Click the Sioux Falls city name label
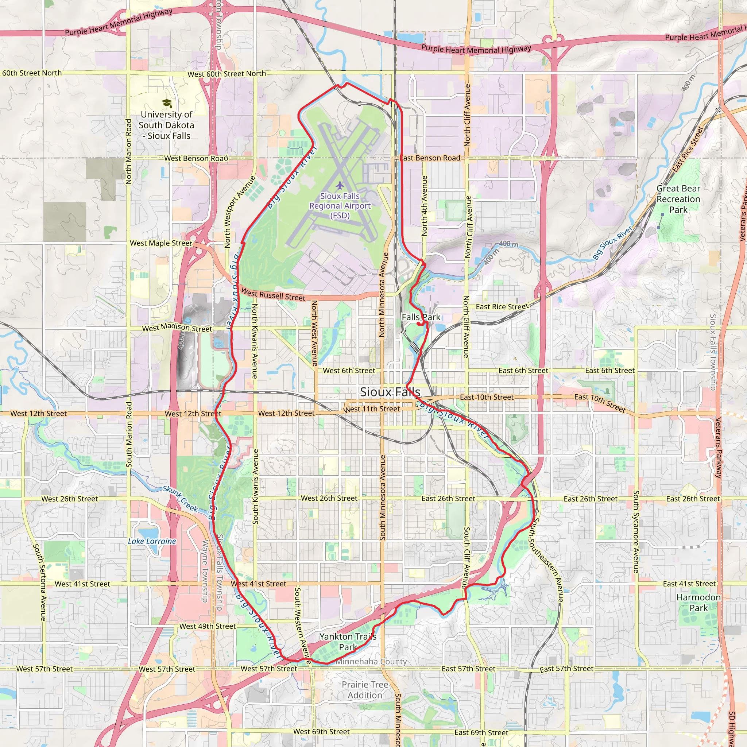coord(390,392)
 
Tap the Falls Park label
coord(421,317)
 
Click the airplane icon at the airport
coord(340,186)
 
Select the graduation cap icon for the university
coord(167,103)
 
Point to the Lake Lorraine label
coord(152,541)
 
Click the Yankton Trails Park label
coord(348,642)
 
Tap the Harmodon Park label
coord(698,603)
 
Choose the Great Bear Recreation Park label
coord(678,199)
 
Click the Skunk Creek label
coord(180,499)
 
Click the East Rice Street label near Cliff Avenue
coord(502,307)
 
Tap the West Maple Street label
coord(161,243)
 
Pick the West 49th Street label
coord(207,626)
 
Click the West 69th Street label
coord(321,732)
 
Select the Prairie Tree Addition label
coord(365,690)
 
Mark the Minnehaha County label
coord(371,662)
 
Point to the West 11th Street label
coord(372,409)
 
